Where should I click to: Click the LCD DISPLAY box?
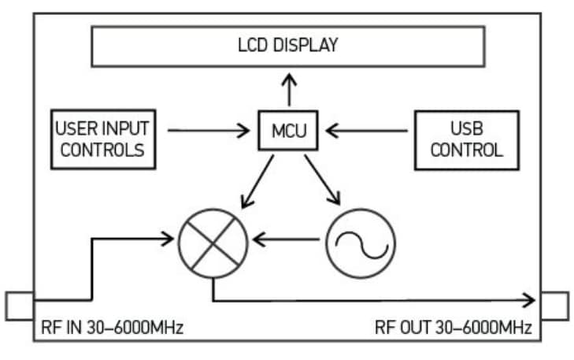(287, 46)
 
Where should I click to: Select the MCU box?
(287, 131)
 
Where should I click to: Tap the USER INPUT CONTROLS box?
(102, 139)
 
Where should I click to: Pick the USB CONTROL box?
(467, 139)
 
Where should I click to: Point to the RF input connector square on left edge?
(18, 306)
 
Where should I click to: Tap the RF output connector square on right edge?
(554, 306)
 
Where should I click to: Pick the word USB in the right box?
(467, 128)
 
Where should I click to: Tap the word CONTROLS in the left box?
(102, 150)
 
